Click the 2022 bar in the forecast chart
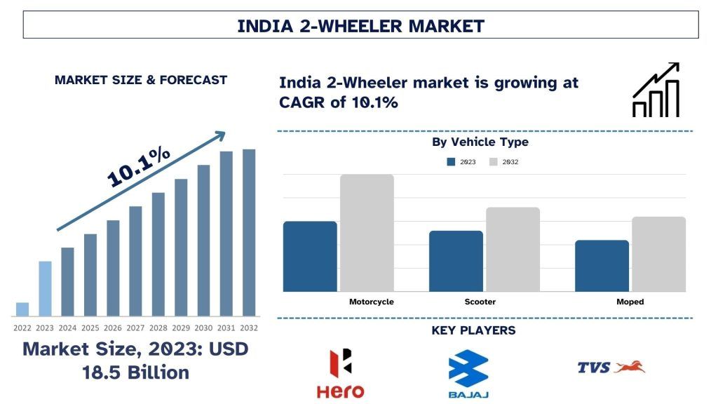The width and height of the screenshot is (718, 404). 22,309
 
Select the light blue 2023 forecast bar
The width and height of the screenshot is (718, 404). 45,288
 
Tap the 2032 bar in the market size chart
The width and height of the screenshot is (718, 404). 249,232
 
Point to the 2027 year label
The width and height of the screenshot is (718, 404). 135,328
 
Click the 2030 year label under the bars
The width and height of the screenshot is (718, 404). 203,328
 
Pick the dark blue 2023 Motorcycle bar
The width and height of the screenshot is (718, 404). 310,256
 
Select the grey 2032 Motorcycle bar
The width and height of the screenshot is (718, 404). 367,233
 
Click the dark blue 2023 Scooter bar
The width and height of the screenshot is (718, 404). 456,261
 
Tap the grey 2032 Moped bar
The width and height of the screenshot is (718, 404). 658,254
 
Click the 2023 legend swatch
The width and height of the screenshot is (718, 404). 451,162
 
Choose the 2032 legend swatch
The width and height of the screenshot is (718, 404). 493,162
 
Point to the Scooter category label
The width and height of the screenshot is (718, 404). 480,302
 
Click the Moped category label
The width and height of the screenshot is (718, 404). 630,302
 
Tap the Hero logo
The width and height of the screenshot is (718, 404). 340,373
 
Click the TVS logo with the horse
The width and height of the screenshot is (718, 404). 611,367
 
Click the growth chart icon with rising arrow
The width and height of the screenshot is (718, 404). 656,90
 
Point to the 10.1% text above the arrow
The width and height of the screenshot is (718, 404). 139,167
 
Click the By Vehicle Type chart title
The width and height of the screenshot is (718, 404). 480,142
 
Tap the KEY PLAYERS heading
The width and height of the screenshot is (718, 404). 473,330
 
